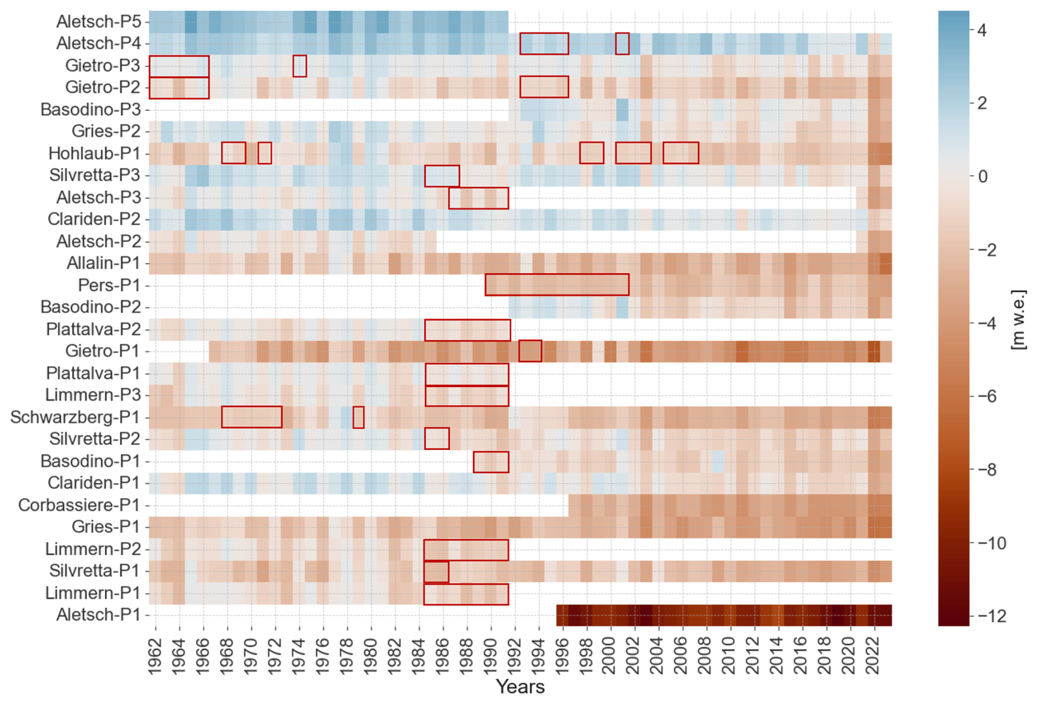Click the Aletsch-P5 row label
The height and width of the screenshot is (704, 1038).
(99, 22)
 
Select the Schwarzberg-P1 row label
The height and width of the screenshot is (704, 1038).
(75, 418)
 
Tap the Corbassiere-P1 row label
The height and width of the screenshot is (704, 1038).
(79, 505)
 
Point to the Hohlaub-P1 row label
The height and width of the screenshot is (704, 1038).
(94, 154)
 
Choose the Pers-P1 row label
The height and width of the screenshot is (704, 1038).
(109, 286)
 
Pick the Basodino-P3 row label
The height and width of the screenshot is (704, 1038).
(91, 110)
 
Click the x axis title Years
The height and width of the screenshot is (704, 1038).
(520, 687)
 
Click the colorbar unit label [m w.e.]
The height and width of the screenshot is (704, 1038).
(1018, 320)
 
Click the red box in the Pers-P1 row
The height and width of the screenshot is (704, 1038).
(557, 285)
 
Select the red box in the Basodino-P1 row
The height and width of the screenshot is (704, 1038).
(491, 462)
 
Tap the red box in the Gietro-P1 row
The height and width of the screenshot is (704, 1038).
(530, 351)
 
